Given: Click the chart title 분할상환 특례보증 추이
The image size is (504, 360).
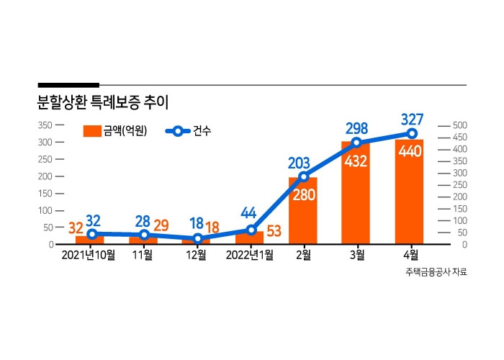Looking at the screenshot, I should tap(102, 102).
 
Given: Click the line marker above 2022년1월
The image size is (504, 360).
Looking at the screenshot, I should tap(250, 230).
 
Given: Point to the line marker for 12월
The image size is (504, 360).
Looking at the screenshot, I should tap(197, 238).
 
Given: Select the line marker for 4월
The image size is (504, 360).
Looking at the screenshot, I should tap(412, 134).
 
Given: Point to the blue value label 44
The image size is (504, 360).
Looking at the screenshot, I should tap(248, 214).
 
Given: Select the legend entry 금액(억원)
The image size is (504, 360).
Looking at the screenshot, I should tap(115, 130).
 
